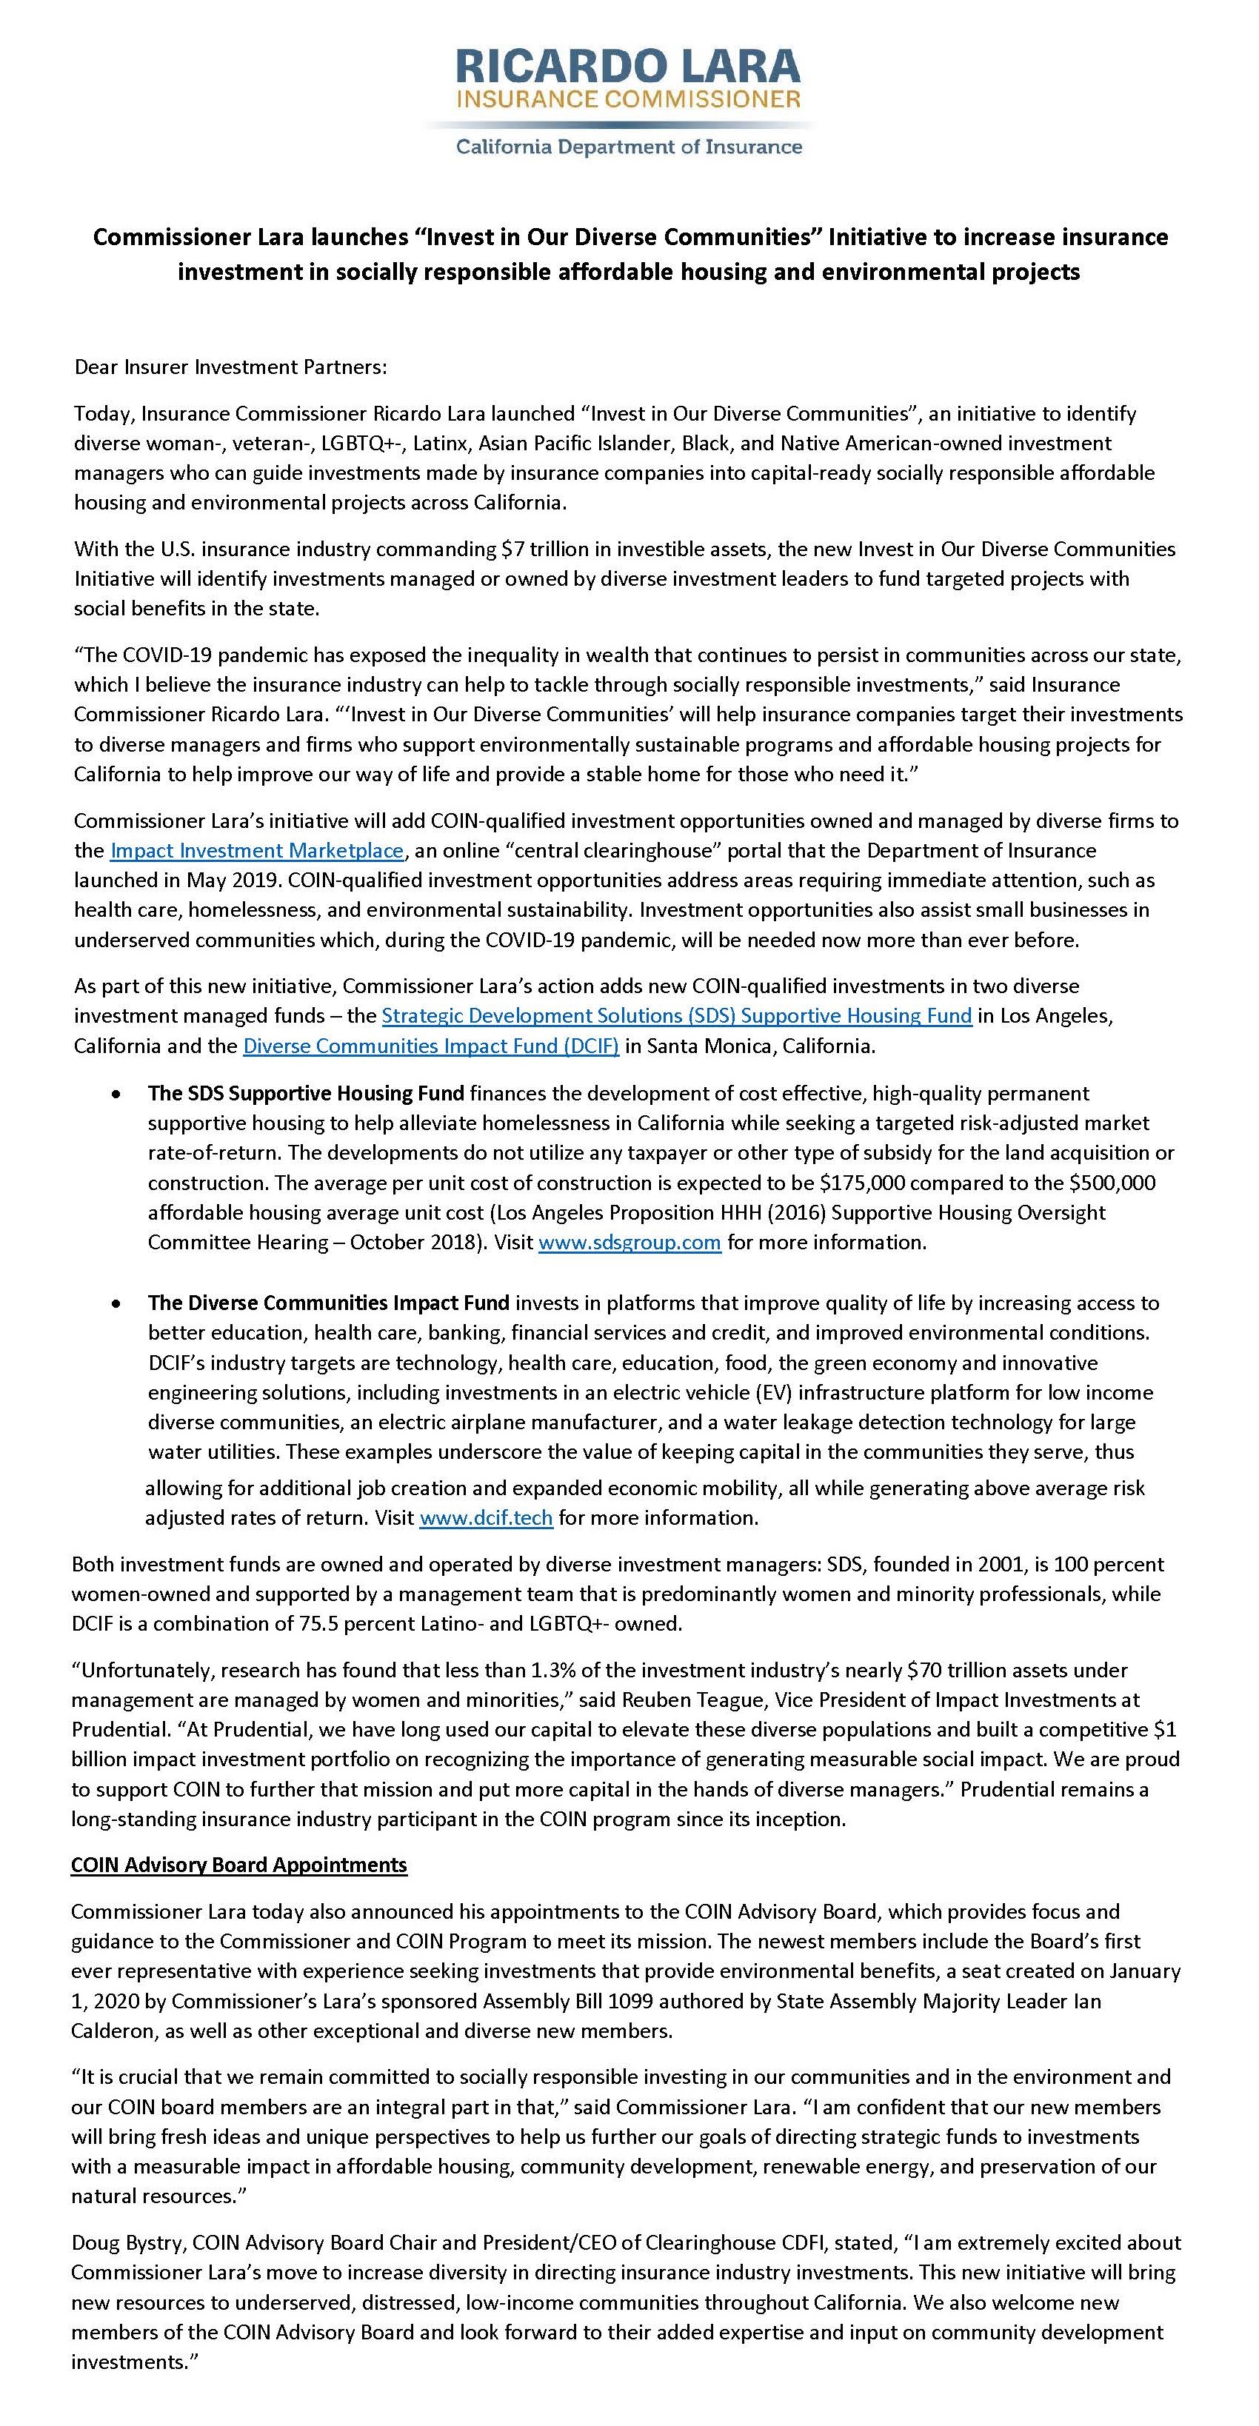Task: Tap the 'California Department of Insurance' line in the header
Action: [x=629, y=147]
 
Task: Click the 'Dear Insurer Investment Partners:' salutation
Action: [x=231, y=367]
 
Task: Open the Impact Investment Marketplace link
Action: [x=257, y=850]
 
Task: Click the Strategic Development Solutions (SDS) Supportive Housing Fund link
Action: [x=676, y=1015]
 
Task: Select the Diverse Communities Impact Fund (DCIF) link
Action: [x=431, y=1046]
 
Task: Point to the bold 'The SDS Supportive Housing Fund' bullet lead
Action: [x=306, y=1093]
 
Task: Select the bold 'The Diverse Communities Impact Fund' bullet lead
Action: [x=329, y=1303]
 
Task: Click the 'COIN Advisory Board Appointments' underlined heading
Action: [x=239, y=1865]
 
